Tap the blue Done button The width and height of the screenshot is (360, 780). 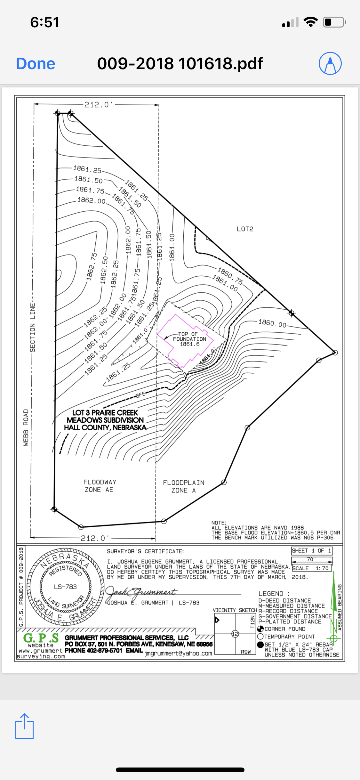[36, 63]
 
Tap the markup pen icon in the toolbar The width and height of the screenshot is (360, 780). [330, 63]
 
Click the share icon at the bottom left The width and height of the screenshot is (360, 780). [24, 726]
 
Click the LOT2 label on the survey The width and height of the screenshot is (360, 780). [245, 229]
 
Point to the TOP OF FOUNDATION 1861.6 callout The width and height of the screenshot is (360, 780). [189, 339]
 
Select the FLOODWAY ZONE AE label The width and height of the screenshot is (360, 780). [100, 486]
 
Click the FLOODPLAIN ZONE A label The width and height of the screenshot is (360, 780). [183, 486]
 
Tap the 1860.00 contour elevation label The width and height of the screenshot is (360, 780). [272, 323]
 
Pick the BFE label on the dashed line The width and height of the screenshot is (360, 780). [140, 395]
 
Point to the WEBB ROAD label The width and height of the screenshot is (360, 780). [26, 427]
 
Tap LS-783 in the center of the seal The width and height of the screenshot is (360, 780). [65, 587]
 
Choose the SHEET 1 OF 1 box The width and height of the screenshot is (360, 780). [312, 550]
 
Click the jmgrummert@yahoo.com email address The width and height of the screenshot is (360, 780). [178, 653]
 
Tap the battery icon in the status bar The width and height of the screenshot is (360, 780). [334, 22]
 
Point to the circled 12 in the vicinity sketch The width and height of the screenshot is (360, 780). [235, 634]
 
